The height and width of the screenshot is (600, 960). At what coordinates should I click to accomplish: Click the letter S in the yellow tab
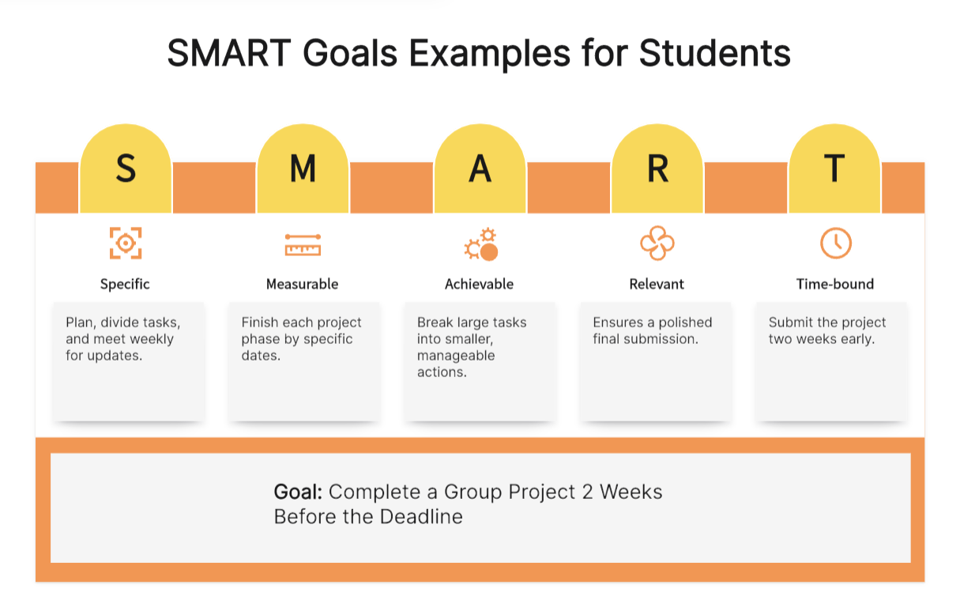pos(126,168)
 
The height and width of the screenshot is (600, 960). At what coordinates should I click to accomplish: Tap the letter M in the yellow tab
pos(303,168)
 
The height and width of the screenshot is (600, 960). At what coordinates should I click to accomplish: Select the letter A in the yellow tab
pos(480,168)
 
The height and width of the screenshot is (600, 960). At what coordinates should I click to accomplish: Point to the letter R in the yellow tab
pos(657,168)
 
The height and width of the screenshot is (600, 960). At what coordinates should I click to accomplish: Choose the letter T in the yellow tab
pos(834,168)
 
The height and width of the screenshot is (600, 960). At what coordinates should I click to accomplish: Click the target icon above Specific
pos(126,243)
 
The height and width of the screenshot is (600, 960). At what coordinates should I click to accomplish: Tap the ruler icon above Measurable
pos(303,245)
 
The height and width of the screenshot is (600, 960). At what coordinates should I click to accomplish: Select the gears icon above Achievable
pos(481,244)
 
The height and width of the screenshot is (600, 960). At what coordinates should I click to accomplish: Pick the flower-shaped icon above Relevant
pos(657,243)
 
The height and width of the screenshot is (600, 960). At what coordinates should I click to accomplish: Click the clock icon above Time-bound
pos(836,243)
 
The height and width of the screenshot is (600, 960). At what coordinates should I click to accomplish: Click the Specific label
pos(125,285)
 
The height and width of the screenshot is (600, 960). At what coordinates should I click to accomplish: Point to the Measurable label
pos(302,284)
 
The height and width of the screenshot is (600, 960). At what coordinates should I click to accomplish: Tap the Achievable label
pos(479,284)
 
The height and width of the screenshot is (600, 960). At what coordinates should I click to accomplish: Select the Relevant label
pos(657,284)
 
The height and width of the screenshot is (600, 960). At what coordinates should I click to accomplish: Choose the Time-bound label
pos(835,284)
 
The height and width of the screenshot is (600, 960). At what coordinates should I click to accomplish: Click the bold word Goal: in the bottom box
pos(298,492)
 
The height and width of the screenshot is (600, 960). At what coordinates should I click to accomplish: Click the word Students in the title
pos(714,53)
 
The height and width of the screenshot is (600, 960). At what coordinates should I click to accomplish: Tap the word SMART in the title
pos(229,53)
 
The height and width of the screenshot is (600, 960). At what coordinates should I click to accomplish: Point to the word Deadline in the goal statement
pos(421,517)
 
